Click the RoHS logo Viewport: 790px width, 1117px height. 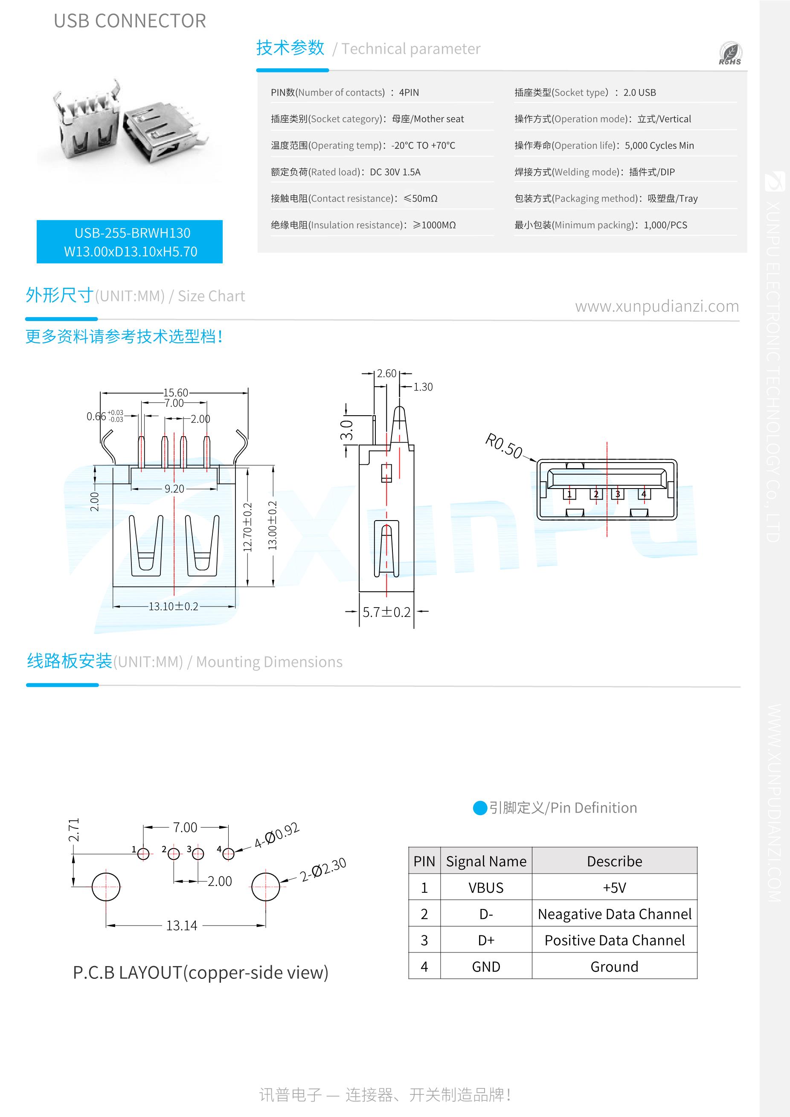730,53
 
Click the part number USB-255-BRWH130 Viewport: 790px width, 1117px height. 132,233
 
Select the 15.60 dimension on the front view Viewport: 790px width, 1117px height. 175,393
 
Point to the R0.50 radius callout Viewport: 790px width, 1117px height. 503,446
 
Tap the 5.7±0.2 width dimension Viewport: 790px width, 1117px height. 386,612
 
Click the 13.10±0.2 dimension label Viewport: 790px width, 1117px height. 173,606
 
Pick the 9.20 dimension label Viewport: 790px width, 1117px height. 174,489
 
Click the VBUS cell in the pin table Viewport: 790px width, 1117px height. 486,888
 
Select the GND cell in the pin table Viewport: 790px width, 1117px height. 486,967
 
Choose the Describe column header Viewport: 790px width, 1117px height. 614,861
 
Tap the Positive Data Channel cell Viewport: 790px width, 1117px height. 614,940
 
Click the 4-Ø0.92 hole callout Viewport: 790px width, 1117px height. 276,835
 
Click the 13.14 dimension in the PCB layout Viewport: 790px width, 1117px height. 182,925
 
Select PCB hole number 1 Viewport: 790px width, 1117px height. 143,854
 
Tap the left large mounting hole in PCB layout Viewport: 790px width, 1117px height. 106,886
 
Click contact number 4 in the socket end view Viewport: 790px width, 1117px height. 644,494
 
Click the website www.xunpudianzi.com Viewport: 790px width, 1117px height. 657,306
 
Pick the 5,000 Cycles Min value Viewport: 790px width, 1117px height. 659,145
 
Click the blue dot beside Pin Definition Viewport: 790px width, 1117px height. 480,808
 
